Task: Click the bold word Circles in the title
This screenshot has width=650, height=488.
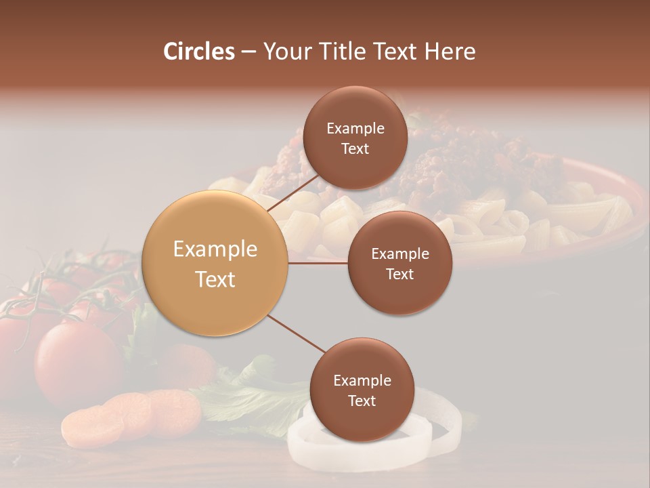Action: (199, 52)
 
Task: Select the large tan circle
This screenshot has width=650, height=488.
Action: (215, 264)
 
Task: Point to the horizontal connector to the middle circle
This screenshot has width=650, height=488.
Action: (318, 263)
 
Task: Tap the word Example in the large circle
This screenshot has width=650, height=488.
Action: (215, 249)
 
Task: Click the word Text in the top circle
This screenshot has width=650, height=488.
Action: (355, 149)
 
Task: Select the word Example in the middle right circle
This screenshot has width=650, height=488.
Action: (399, 254)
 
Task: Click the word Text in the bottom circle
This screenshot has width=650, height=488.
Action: (362, 401)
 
